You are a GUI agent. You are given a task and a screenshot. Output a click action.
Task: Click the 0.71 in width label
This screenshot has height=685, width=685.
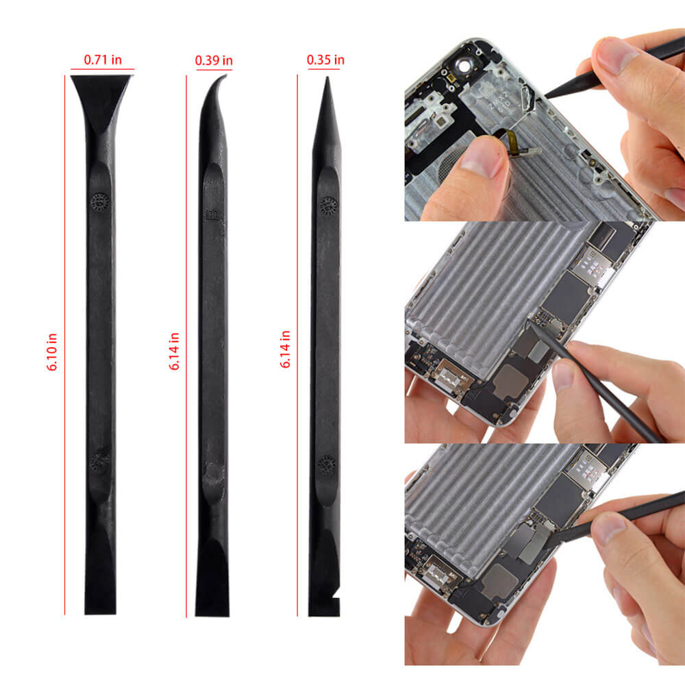pyautogui.click(x=103, y=60)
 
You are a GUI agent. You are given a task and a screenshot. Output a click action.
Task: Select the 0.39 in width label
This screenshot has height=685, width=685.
pyautogui.click(x=214, y=60)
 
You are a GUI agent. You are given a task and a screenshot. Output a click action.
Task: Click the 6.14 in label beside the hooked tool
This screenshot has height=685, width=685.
pyautogui.click(x=174, y=351)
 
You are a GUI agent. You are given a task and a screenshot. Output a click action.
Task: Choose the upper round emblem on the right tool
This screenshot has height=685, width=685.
pyautogui.click(x=328, y=204)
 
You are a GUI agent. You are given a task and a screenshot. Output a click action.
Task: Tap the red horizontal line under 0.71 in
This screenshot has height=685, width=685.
pyautogui.click(x=103, y=69)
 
